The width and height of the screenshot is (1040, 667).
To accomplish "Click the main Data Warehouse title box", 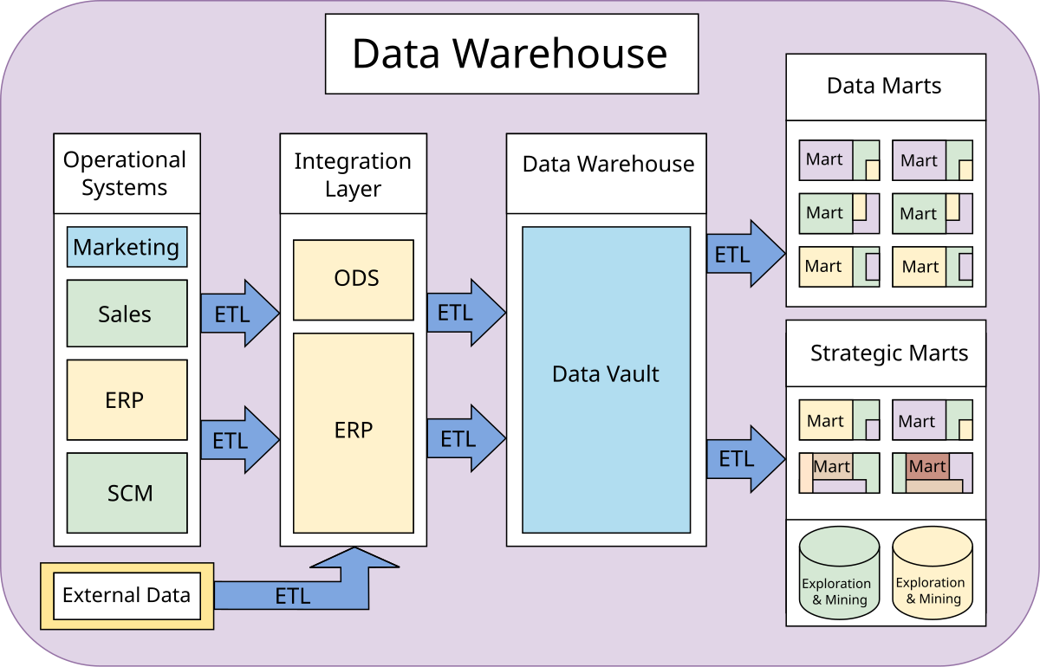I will point(511,54).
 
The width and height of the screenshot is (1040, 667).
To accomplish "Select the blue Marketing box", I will point(127,248).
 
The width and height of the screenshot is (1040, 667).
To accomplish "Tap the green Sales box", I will point(127,314).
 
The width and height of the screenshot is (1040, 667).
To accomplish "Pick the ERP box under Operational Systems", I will point(127,400).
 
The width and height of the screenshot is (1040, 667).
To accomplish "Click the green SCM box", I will point(127,493).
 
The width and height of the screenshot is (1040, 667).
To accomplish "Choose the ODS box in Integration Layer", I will point(354,280).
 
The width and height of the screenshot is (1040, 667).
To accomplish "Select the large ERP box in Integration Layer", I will point(354,431).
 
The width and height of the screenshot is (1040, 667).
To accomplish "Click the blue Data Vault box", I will point(606,374).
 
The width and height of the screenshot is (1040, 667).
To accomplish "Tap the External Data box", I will point(127,596).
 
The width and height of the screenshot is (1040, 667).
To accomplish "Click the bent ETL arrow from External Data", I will point(295,595).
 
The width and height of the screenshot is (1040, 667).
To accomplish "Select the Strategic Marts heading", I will point(888,353).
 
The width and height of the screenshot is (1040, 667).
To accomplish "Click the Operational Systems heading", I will point(126,173).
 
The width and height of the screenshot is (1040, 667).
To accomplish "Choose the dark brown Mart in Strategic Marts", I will point(926,467).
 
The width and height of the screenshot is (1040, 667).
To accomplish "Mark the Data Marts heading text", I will point(884,86).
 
